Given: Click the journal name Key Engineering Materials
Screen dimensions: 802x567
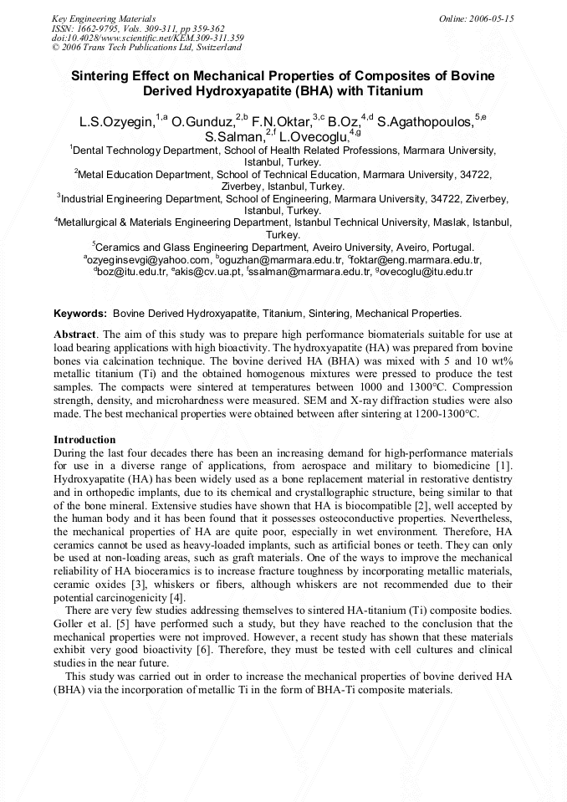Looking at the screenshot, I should [x=104, y=18].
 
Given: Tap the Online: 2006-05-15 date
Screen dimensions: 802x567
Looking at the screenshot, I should [x=476, y=18].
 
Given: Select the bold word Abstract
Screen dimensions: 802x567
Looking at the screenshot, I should [x=74, y=334].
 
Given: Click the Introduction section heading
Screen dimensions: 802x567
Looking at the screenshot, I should [x=84, y=439].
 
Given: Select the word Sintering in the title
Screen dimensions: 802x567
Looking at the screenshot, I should [x=102, y=75].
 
